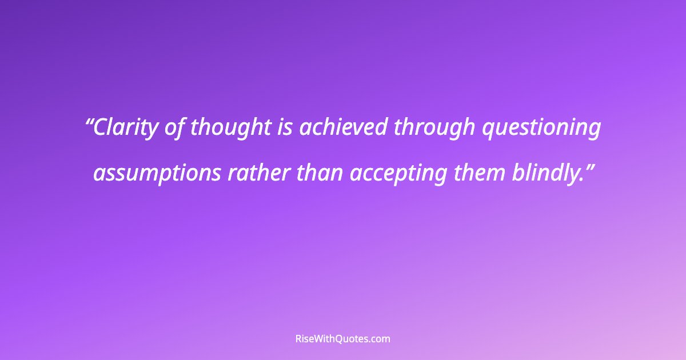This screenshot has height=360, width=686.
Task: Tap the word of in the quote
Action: (174, 128)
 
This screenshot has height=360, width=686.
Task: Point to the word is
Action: (284, 128)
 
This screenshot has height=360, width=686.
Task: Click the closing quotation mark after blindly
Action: (589, 166)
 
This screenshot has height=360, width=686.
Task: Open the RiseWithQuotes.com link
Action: (343, 339)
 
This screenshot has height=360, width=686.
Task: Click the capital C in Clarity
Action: (100, 128)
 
